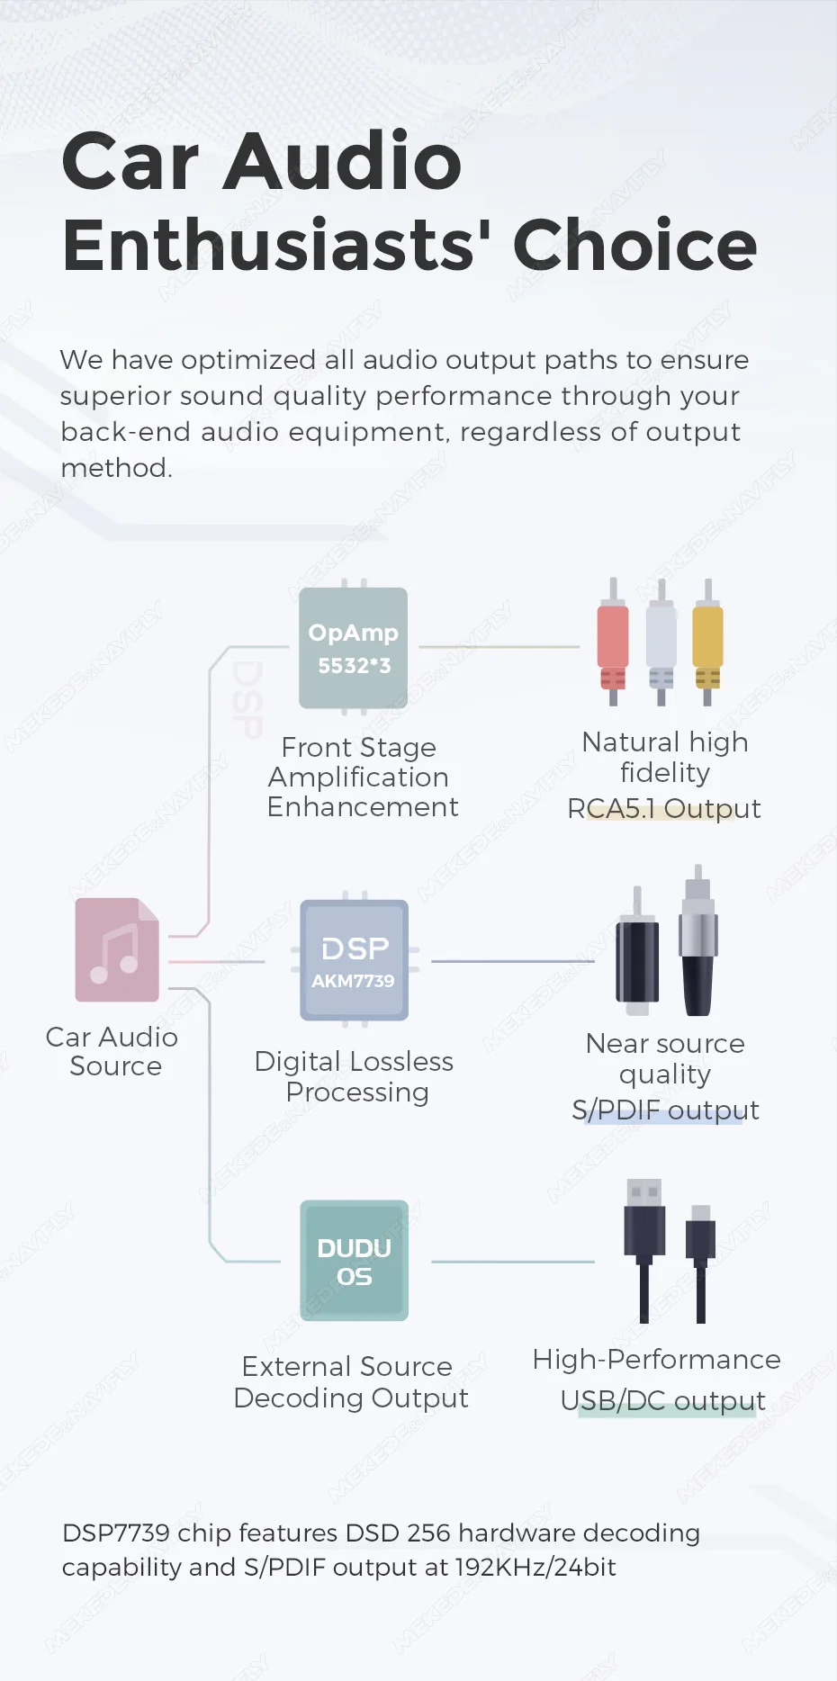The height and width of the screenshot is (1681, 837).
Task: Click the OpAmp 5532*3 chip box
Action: coord(353,648)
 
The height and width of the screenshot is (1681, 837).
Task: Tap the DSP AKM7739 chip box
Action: coord(354,960)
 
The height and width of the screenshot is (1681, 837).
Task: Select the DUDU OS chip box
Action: coord(354,1261)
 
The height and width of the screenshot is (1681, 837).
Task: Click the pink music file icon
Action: coord(117,950)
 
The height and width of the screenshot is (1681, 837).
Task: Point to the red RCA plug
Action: coord(613,641)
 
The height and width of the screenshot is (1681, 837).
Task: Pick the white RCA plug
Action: coord(661,641)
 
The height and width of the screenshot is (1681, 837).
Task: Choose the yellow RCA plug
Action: coord(707,641)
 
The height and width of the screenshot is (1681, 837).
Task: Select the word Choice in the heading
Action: coord(634,245)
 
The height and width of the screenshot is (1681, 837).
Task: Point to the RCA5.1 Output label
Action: coord(663,809)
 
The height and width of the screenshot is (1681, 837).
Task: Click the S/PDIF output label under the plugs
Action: coord(665,1110)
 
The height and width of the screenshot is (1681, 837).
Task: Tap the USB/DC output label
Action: coord(663,1401)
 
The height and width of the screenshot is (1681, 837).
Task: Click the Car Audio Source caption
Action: coord(112,1052)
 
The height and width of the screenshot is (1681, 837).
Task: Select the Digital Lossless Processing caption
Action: coord(355,1077)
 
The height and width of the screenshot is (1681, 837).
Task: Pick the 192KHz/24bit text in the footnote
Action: coord(535,1568)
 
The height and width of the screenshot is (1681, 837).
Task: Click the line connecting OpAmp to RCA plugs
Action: coord(499,647)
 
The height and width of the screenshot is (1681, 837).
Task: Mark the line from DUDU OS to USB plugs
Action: coord(512,1262)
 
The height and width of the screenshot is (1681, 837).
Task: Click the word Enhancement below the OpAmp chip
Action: coord(363,807)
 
